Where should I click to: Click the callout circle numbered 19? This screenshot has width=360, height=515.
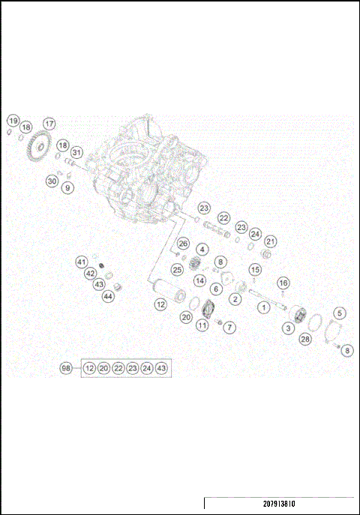tap(13, 121)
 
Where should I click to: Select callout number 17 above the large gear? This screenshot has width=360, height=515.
tap(49, 124)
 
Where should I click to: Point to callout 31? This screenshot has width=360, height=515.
tap(77, 153)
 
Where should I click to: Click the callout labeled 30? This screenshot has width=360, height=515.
tap(52, 181)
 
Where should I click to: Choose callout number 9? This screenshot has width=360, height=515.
tap(68, 188)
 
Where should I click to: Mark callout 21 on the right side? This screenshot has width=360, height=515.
tap(271, 241)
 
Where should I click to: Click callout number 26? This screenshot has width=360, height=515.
tap(182, 244)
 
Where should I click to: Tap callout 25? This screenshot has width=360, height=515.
tap(177, 269)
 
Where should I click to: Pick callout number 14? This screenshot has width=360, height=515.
tap(200, 280)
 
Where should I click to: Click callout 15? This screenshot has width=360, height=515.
tap(255, 270)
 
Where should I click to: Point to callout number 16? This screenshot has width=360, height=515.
tap(283, 283)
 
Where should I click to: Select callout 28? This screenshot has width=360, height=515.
tap(305, 340)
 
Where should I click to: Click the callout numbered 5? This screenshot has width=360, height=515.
tap(340, 313)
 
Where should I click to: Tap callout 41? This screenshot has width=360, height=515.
tap(82, 262)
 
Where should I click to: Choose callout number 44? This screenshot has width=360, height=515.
tap(108, 296)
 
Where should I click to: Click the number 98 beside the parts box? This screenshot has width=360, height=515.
tap(66, 368)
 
